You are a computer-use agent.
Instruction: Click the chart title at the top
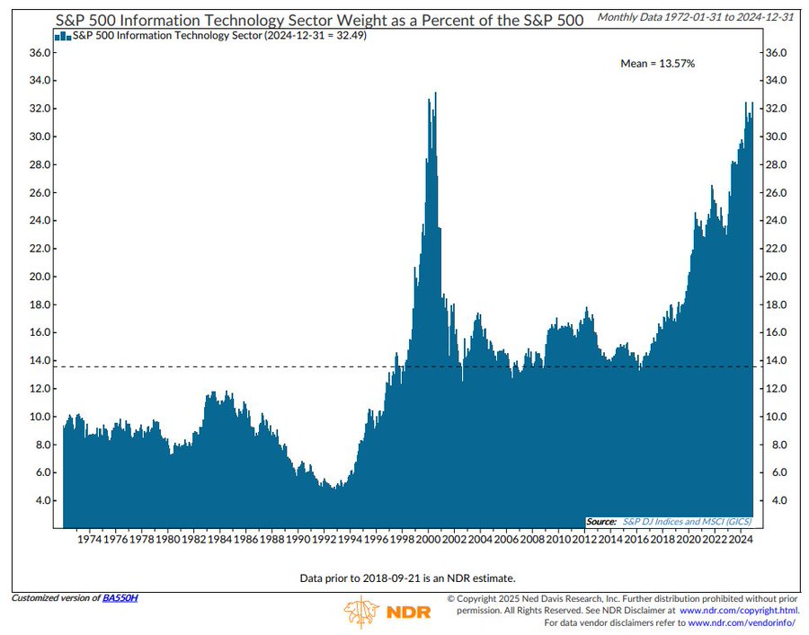(x=320, y=18)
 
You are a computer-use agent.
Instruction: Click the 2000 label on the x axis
(x=429, y=540)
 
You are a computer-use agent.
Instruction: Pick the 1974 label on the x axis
(x=89, y=540)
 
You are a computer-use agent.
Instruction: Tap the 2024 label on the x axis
(x=740, y=540)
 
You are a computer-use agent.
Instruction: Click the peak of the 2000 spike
(x=436, y=93)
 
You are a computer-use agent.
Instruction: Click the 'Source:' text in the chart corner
(x=601, y=521)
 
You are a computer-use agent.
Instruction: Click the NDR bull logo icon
(x=363, y=612)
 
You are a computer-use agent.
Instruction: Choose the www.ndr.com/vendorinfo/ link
(x=742, y=622)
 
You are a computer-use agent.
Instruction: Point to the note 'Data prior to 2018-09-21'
(x=407, y=578)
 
